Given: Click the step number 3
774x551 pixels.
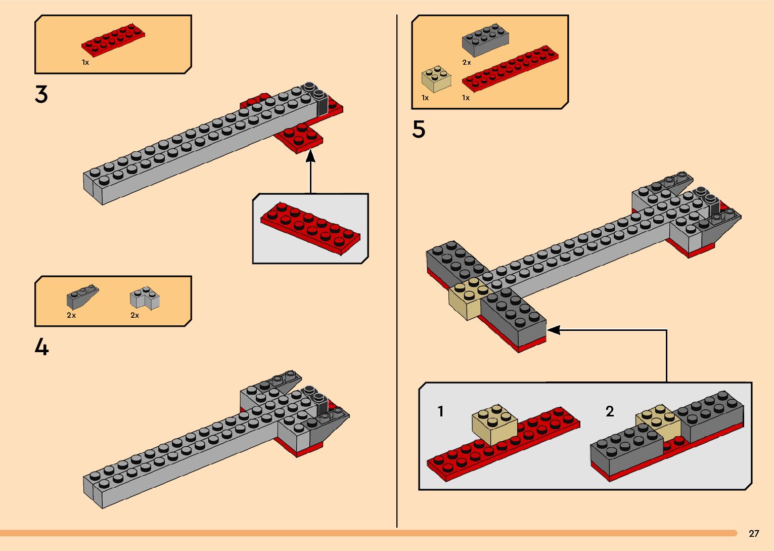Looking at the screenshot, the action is click(41, 95).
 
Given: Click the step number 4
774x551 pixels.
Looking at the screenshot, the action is click(41, 347).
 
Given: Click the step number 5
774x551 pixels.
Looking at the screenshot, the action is click(419, 130).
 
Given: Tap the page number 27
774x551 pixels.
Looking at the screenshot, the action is click(754, 533).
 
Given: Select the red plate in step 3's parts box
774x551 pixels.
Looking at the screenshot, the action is click(113, 40).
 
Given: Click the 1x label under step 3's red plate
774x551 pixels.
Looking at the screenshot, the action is click(85, 63).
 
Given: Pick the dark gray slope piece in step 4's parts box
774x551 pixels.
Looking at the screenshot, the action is click(82, 297).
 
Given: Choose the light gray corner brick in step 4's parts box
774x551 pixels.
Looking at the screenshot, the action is click(145, 298).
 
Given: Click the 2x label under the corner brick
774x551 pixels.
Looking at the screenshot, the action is click(135, 315).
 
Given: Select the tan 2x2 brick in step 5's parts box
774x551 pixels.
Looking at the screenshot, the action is click(436, 79).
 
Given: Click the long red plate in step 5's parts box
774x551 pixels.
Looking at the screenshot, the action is click(510, 68).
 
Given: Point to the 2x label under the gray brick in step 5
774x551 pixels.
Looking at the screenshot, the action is click(467, 63).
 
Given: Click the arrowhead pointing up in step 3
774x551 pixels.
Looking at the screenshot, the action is click(310, 156).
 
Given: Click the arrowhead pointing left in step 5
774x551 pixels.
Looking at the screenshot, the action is click(554, 330).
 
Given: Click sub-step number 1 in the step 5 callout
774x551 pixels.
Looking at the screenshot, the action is click(440, 411).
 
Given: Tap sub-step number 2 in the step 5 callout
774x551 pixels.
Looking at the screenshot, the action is click(610, 411).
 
